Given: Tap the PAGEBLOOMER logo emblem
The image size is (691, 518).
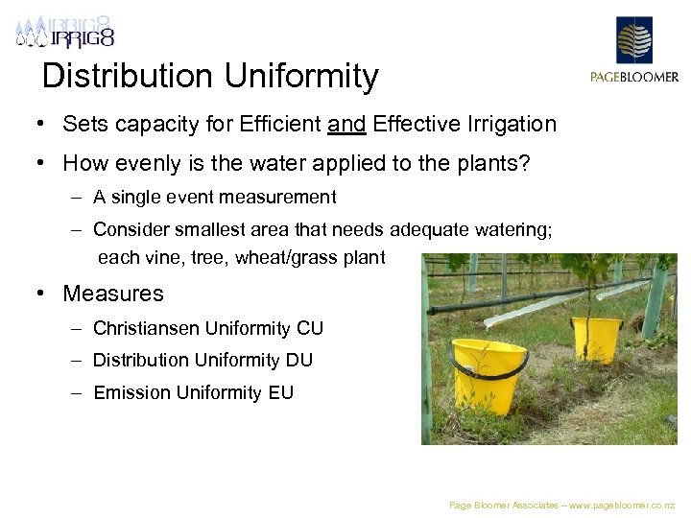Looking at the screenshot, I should (x=633, y=41).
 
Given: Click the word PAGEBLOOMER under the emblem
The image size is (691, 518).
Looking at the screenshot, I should (x=633, y=78).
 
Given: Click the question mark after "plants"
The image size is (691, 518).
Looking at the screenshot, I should (x=524, y=164).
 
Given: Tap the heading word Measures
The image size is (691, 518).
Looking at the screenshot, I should (x=113, y=294).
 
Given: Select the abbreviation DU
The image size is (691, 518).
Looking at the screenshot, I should (x=298, y=360).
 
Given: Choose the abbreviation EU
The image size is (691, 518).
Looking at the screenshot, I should (x=280, y=392).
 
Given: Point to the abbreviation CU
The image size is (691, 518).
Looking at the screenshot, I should (x=310, y=328).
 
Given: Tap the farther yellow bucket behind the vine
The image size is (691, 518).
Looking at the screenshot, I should (x=597, y=339).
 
